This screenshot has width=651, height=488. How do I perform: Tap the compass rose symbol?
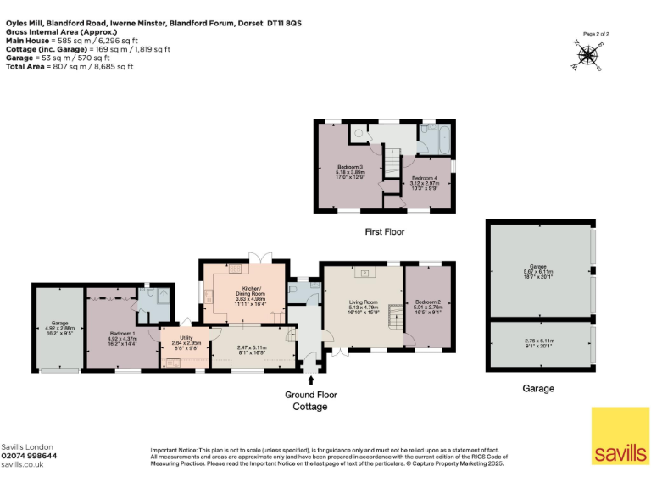point(587,55)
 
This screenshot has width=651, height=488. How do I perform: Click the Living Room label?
point(363,304)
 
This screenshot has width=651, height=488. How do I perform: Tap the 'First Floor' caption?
point(384,231)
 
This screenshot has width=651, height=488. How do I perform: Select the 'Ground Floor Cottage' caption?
point(310,400)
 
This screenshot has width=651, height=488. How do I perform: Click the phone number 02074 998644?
point(30,455)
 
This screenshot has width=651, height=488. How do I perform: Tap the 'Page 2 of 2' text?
point(594,33)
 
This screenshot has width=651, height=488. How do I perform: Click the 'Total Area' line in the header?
point(67,66)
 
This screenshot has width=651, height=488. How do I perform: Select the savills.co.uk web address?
point(23,463)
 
